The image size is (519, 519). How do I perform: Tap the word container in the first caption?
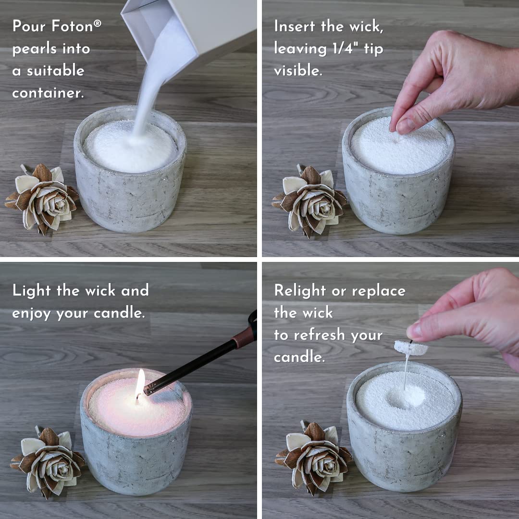tap(48, 93)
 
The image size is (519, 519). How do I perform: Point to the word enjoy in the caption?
tap(32, 313)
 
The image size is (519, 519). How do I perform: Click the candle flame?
tap(140, 383)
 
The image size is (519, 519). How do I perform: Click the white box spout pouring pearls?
tap(159, 34)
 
